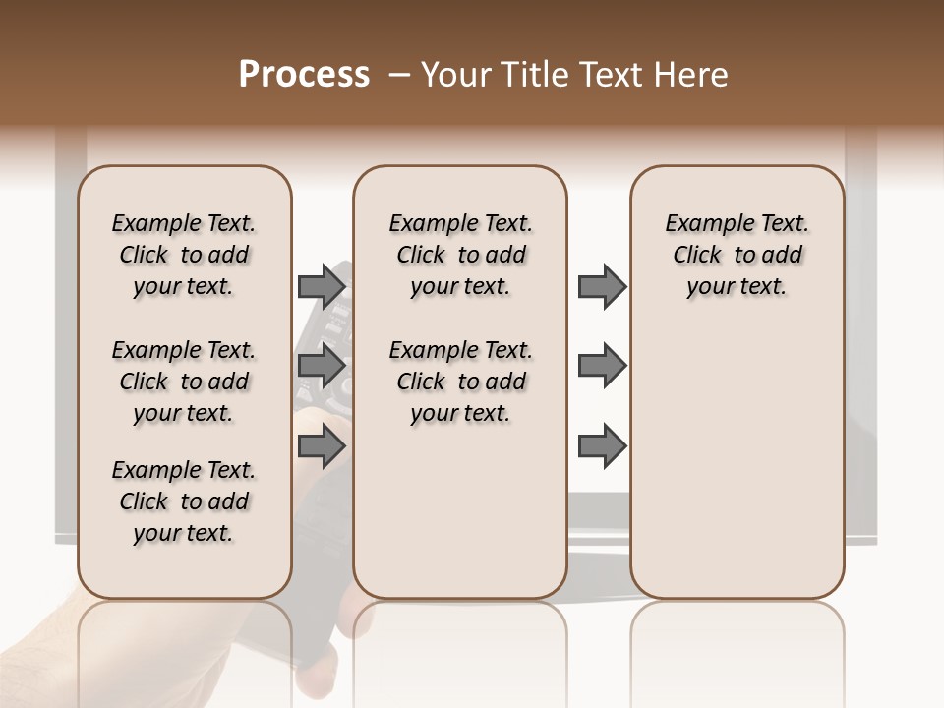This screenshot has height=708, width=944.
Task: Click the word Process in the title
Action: (x=304, y=75)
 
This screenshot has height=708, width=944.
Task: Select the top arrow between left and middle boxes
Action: (x=322, y=286)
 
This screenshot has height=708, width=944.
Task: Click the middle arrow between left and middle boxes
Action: (x=322, y=366)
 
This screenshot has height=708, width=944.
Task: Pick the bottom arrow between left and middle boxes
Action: (x=322, y=445)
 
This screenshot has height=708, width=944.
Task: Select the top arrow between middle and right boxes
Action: (x=602, y=286)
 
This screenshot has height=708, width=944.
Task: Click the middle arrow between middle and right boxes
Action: (x=602, y=366)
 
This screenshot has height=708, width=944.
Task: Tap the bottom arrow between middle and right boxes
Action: (x=602, y=445)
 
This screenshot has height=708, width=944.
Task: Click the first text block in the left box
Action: (x=184, y=255)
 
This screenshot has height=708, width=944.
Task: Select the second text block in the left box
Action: (x=184, y=382)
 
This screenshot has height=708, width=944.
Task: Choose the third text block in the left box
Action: (x=184, y=501)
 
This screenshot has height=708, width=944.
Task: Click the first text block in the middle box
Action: (x=460, y=255)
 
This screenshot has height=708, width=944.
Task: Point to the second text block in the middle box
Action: (x=460, y=382)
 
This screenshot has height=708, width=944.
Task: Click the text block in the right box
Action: (x=737, y=255)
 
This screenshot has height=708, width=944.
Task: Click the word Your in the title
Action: (x=456, y=75)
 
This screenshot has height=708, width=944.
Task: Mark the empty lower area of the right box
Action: (x=737, y=462)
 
